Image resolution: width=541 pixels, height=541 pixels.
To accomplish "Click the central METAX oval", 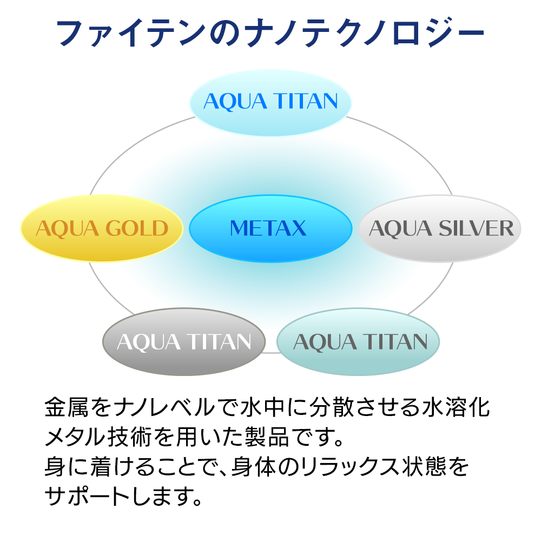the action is (270, 228).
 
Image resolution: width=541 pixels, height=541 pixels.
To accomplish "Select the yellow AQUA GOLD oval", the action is (102, 228).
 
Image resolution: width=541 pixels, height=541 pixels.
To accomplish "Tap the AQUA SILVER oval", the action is (439, 228).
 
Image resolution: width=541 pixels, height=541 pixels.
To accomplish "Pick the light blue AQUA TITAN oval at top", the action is (270, 102).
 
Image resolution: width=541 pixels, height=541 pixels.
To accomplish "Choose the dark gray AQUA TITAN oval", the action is (184, 341).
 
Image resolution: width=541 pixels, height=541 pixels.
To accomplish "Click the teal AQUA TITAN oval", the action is (358, 341).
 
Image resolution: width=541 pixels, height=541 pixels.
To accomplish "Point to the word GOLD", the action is (137, 228).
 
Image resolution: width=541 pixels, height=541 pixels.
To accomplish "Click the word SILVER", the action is (476, 228).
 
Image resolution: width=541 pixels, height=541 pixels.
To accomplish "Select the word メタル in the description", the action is (75, 437).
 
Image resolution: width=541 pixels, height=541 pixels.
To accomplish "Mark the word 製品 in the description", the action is (266, 437).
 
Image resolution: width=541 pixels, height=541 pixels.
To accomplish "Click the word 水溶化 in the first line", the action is (456, 407).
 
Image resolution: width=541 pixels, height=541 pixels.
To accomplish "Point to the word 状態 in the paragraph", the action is (423, 466).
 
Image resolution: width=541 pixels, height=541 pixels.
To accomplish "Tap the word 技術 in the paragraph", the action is (129, 437).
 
